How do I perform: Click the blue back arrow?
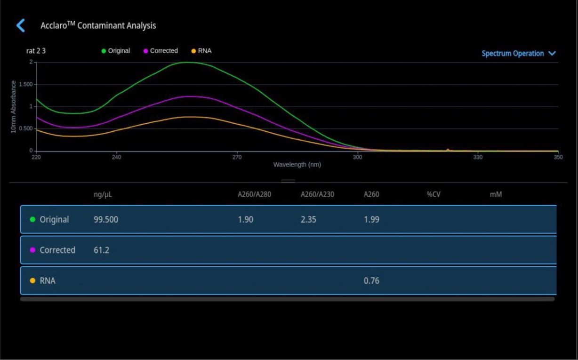(x=21, y=25)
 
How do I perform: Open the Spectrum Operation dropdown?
(x=519, y=54)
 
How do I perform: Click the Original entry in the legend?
(x=116, y=51)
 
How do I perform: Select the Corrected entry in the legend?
(x=161, y=51)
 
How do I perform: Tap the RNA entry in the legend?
(x=201, y=51)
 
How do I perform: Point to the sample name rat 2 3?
(x=36, y=51)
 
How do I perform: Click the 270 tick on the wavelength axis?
(x=237, y=157)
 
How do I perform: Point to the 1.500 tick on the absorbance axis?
(x=26, y=84)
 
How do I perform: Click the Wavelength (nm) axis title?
(x=297, y=165)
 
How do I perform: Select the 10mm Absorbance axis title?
(x=13, y=106)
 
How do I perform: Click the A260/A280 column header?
(x=255, y=194)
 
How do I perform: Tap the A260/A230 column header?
(x=317, y=194)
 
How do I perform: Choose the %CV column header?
(x=433, y=194)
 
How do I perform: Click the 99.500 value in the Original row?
(x=106, y=219)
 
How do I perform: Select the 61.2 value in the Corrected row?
(x=101, y=250)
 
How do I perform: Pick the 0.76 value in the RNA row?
(x=371, y=280)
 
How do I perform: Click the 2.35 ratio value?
(x=308, y=219)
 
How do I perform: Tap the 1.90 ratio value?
(x=245, y=219)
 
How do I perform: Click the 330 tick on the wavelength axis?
(x=478, y=157)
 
